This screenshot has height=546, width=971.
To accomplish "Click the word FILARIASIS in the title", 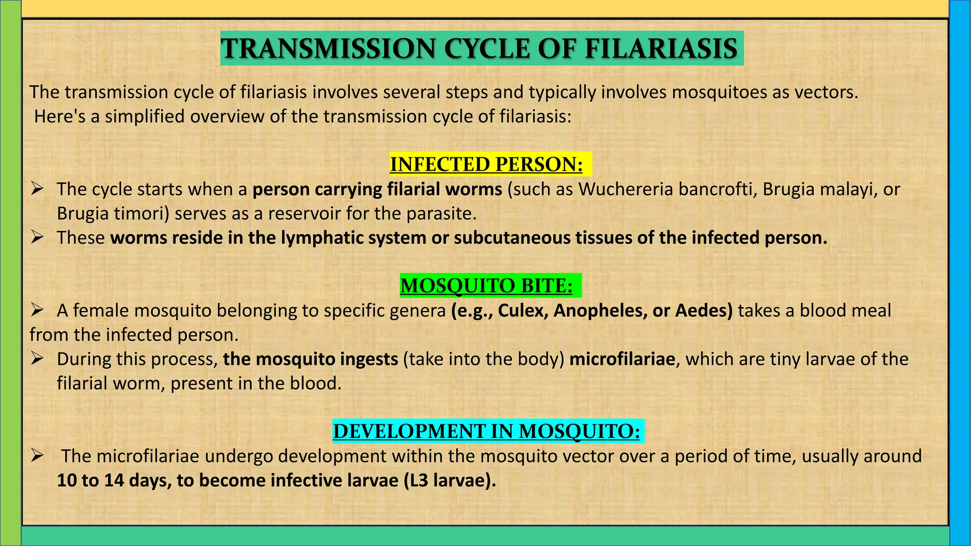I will pos(661,49).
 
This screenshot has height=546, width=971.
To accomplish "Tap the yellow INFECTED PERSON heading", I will pos(486,164).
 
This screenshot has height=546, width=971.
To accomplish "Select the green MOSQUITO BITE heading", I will pos(486,286).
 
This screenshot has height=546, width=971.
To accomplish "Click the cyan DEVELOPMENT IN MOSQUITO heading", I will pos(486,431).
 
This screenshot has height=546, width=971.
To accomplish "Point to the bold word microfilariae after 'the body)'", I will pos(622,359).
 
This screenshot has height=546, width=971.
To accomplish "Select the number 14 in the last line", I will pos(114,481).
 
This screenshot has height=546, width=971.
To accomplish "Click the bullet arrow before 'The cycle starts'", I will pos(37,189).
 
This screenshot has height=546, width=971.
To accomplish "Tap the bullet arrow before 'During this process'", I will pos(37,359).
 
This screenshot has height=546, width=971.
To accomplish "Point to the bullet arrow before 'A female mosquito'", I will pos(37,310).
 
